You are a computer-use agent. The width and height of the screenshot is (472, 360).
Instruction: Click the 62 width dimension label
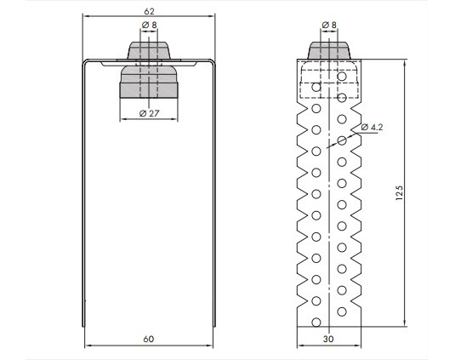(x=149, y=11)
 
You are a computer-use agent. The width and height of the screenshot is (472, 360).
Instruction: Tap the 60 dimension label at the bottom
(x=148, y=340)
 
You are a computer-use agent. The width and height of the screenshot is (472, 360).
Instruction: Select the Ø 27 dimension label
(x=150, y=113)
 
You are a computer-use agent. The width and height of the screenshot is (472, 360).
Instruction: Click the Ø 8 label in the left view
(x=150, y=25)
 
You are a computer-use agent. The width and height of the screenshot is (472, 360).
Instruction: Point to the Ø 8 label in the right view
(x=329, y=25)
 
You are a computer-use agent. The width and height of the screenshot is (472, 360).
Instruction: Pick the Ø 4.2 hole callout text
(x=372, y=127)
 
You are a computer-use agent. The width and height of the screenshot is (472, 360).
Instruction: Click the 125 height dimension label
(x=399, y=193)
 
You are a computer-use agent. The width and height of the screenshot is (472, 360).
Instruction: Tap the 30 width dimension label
(x=328, y=340)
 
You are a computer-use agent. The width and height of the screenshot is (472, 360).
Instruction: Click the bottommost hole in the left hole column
(x=316, y=323)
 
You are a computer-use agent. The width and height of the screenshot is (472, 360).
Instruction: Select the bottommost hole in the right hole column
(x=342, y=311)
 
